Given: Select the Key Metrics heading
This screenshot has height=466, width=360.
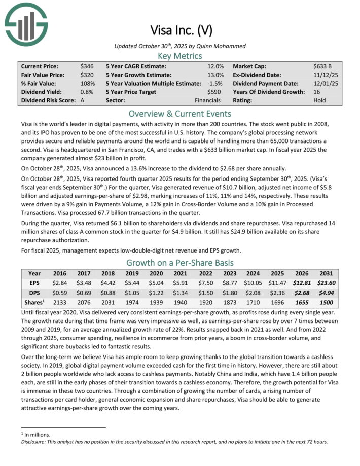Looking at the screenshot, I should coord(179,56).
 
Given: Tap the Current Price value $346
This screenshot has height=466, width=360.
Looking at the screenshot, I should coord(86,66).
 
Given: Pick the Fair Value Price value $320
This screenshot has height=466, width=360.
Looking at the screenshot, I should coord(86,75).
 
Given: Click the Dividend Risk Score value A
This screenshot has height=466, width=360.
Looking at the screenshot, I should coord(82,100).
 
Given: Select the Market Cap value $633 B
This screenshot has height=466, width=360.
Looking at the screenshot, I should coord(323,66).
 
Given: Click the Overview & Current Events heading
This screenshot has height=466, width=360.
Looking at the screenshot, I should coord(179,113).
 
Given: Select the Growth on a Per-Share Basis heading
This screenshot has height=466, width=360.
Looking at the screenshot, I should coord(179,263).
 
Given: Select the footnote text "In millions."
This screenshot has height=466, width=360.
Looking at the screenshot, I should coord(37,435).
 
